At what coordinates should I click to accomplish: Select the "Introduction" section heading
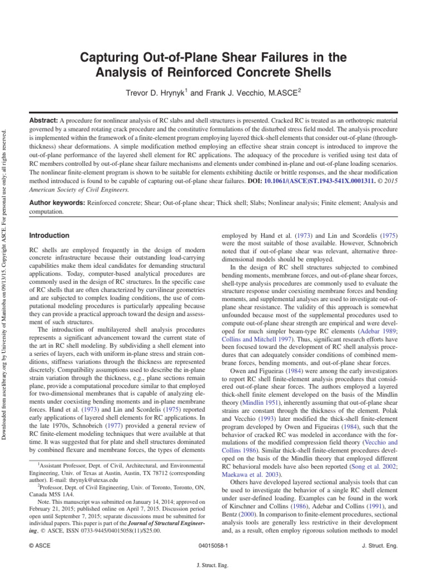click(49, 235)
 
